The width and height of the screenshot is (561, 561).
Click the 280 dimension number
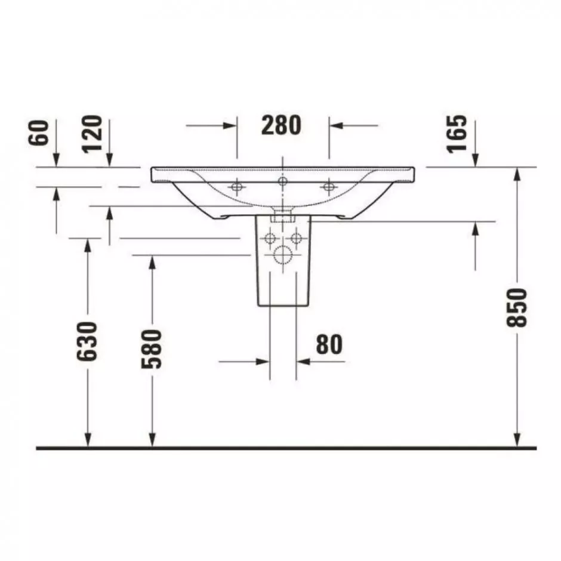[281, 125]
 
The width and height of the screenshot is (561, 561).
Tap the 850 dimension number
[517, 307]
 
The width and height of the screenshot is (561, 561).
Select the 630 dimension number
[87, 341]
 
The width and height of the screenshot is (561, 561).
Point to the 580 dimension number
[152, 349]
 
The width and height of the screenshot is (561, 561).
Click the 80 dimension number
[329, 344]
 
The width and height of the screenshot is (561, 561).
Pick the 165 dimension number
[457, 134]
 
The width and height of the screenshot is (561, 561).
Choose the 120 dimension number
[93, 134]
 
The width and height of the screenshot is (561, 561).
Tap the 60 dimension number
[39, 132]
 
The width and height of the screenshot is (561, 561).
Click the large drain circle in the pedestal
[283, 255]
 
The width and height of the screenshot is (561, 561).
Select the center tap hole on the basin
[283, 181]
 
